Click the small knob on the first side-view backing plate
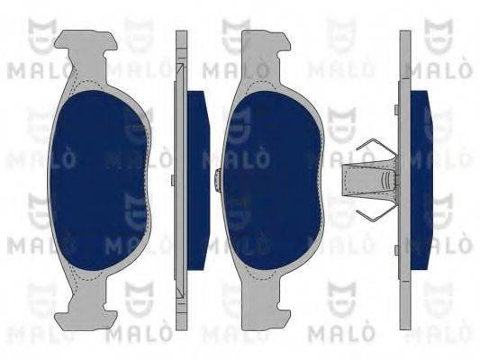[172, 179]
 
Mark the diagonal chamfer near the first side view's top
[183, 72]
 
